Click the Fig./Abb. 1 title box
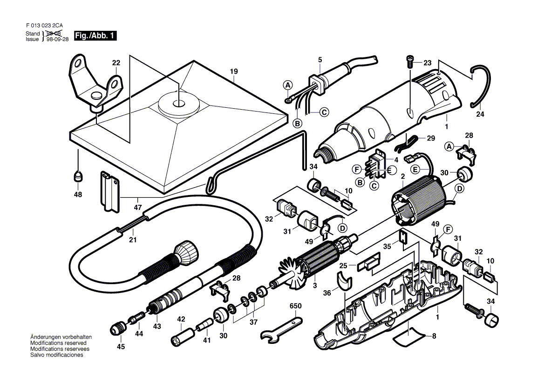(x=95, y=36)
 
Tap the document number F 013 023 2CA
(x=44, y=26)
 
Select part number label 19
(x=234, y=71)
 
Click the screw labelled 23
(x=409, y=63)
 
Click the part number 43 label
(x=157, y=326)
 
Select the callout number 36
(x=327, y=293)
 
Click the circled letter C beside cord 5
(x=324, y=112)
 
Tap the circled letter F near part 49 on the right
(x=448, y=230)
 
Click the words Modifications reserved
(x=58, y=343)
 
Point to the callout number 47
(x=138, y=208)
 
